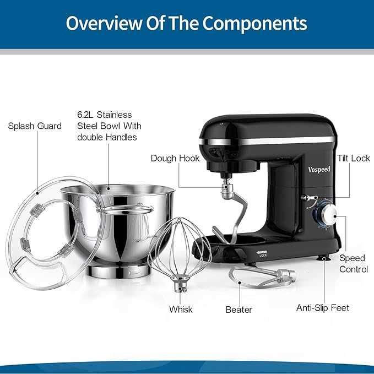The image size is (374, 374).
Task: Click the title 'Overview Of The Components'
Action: [187, 24]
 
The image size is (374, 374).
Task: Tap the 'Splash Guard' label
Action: [35, 126]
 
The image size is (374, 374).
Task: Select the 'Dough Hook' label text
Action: [175, 159]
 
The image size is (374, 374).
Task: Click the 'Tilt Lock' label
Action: [353, 159]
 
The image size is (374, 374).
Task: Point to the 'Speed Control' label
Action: [353, 263]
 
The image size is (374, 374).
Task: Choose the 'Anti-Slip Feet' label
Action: [323, 308]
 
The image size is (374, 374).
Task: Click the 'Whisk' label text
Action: [181, 310]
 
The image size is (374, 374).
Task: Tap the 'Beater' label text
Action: [239, 310]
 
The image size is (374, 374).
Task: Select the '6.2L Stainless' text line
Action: [105, 115]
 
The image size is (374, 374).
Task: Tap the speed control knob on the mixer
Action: [329, 215]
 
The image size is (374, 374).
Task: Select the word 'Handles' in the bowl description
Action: [122, 137]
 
